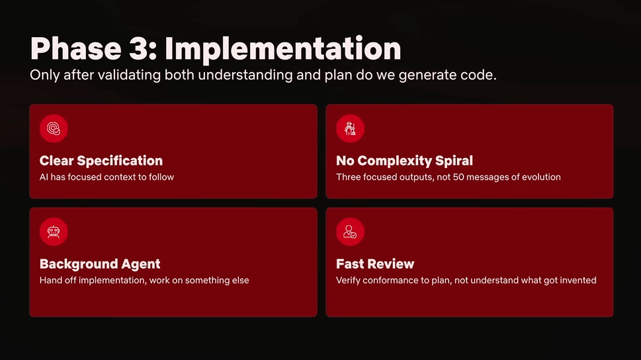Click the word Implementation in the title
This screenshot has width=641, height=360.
tap(283, 49)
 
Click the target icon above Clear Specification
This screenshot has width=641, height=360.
tap(54, 128)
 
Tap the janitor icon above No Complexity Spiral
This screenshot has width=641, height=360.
tap(350, 128)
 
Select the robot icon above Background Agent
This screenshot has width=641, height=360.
tap(54, 232)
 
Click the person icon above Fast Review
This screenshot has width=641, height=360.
tap(350, 232)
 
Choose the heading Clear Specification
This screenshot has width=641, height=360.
tap(101, 161)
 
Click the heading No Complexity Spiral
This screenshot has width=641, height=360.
tap(404, 161)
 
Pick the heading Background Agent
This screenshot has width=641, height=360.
tap(100, 264)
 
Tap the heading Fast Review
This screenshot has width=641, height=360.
tap(375, 264)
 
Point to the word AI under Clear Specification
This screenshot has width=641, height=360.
tap(44, 177)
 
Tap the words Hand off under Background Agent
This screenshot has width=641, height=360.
tap(58, 280)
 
